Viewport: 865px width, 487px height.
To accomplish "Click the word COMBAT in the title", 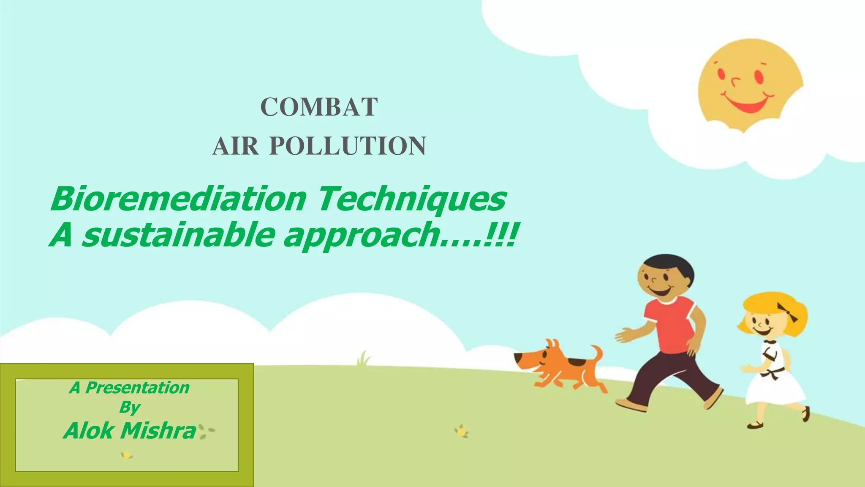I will (x=319, y=107).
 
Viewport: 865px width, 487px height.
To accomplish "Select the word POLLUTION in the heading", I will (x=348, y=146).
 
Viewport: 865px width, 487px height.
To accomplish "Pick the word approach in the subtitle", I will (x=361, y=236).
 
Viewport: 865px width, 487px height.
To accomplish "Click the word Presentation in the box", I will (x=137, y=388).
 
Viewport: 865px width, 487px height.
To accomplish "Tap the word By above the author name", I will (x=129, y=407).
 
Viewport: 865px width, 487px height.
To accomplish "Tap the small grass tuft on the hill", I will (x=363, y=359).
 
